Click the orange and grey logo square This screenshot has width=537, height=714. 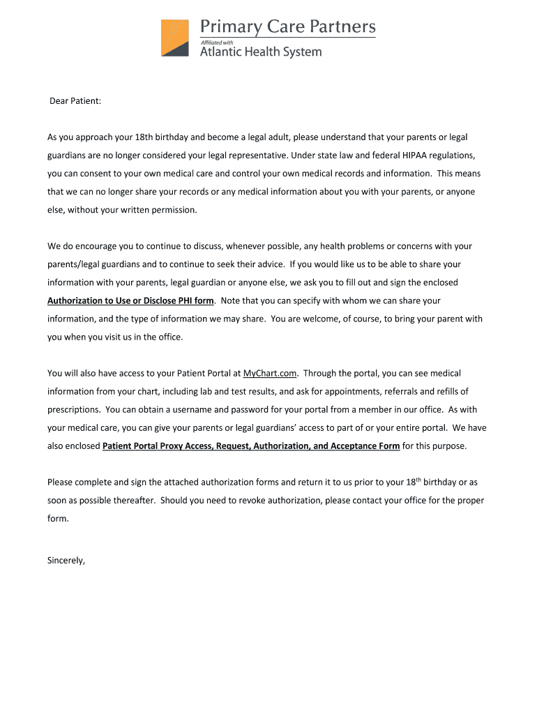pos(174,38)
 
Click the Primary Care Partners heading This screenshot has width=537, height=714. pos(288,27)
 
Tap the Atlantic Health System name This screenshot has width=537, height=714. pos(261,52)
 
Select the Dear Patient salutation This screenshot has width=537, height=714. pos(75,101)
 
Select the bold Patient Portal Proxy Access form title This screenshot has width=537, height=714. pos(251,446)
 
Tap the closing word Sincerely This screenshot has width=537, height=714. pos(66,559)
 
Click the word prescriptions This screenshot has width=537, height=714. pos(73,410)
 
